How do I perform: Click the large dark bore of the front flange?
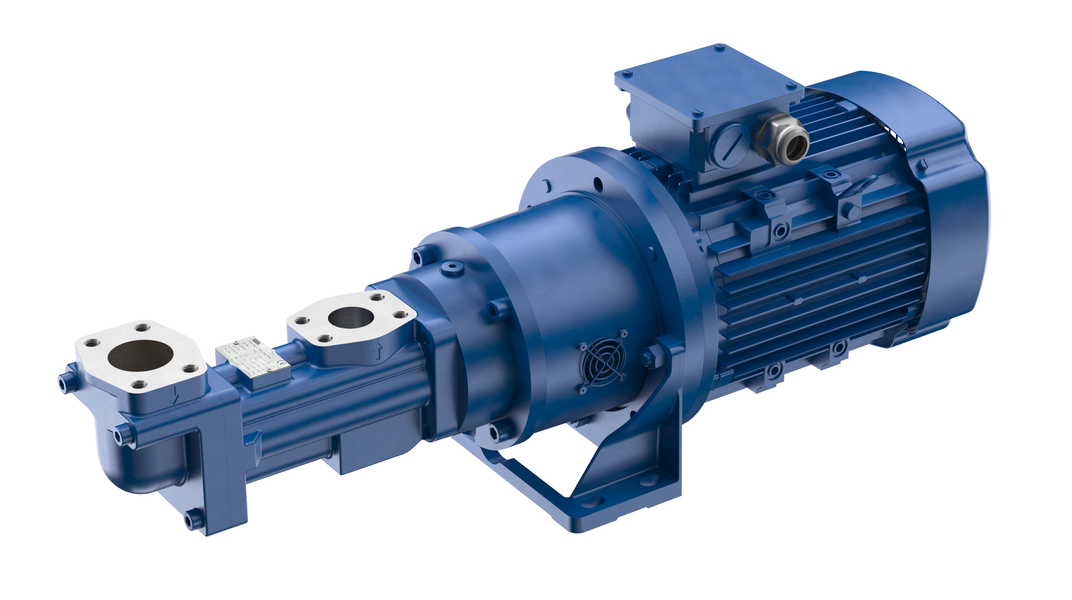click(x=140, y=356)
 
